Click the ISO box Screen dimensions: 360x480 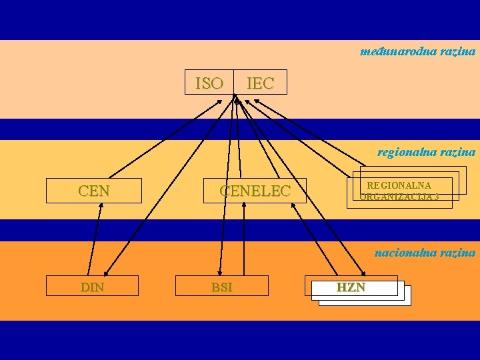coord(209,83)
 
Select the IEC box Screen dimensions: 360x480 coord(260,83)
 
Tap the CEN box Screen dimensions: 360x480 coord(94,191)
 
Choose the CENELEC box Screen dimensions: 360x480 coord(255,191)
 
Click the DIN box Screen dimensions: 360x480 coord(92,287)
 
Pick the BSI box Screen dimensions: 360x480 coord(221,287)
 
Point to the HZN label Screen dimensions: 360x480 coord(351,287)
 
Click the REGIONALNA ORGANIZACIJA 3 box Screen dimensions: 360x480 coord(399,191)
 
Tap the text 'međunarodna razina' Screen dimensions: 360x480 coord(417,51)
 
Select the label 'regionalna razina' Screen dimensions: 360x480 coord(426,152)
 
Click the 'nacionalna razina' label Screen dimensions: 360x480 coord(425,252)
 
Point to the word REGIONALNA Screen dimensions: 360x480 coord(399,185)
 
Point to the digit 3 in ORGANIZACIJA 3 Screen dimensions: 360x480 coord(435,197)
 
